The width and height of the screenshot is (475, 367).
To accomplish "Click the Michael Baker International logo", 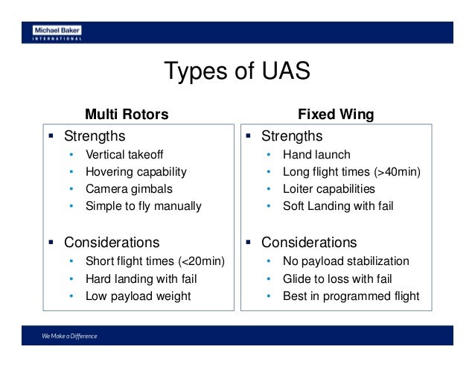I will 57,33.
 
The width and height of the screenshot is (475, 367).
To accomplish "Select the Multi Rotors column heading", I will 127,115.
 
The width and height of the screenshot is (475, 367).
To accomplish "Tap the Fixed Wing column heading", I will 336,115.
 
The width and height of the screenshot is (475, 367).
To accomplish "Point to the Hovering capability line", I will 136,172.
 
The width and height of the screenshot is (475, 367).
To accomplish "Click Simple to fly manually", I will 143,205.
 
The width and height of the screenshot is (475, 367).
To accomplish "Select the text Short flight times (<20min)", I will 155,262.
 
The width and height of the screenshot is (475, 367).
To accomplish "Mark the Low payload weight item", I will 138,296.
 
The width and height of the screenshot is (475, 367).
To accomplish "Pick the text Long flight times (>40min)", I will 351,172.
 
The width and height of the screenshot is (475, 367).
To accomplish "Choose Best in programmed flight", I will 351,296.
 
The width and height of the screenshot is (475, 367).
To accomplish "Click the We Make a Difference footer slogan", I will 69,336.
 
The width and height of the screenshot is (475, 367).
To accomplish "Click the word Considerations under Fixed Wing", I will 308,243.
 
